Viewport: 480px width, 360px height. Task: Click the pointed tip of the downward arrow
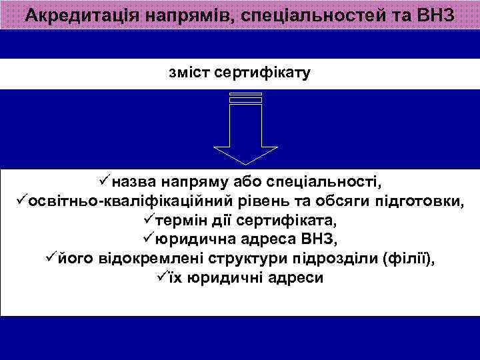[245, 162]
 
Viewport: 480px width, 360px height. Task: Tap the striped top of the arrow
[245, 97]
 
